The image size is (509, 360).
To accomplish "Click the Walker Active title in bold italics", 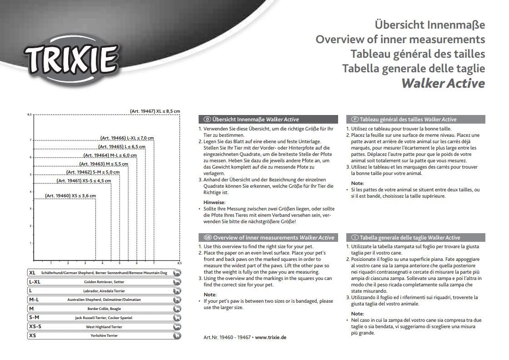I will point(443,84).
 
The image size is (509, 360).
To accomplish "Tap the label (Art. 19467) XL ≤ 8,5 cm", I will point(155,111).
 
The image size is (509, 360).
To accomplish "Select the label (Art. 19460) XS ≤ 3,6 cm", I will point(70,196).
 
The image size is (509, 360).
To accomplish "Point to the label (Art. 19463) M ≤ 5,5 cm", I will point(104,164).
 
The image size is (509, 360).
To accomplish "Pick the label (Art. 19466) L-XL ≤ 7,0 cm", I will point(127,138).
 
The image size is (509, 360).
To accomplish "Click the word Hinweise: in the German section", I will point(214,202).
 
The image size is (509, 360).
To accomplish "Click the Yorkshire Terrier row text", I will point(104,336).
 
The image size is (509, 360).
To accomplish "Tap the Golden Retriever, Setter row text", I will point(104,282).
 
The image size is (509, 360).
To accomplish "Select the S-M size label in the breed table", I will point(34,318).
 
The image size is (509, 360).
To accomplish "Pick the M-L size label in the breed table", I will point(34,300).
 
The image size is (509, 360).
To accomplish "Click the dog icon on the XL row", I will point(177,273).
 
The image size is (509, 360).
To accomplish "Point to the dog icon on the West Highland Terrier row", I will point(177,327).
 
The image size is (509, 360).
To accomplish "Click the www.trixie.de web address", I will point(271,338).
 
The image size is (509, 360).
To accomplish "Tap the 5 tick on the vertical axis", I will point(30,175).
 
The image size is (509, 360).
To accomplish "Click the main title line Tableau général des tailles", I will point(418,54).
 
